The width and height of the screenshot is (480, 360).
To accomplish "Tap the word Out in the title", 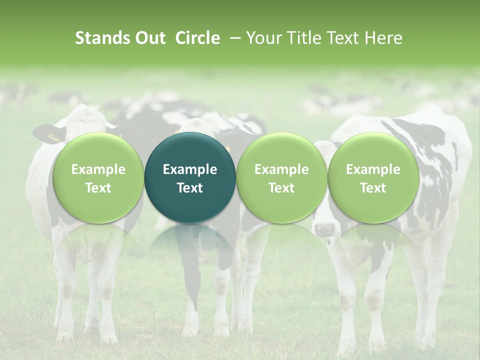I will pyautogui.click(x=150, y=38).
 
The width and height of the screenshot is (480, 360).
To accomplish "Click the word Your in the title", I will pyautogui.click(x=263, y=38).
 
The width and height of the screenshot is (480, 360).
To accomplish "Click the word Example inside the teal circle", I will pyautogui.click(x=190, y=169).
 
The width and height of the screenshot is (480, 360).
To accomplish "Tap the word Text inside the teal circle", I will pyautogui.click(x=190, y=188).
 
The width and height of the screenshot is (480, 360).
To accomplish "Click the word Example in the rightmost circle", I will pyautogui.click(x=373, y=169).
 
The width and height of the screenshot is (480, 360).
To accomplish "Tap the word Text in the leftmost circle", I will pyautogui.click(x=98, y=188).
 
